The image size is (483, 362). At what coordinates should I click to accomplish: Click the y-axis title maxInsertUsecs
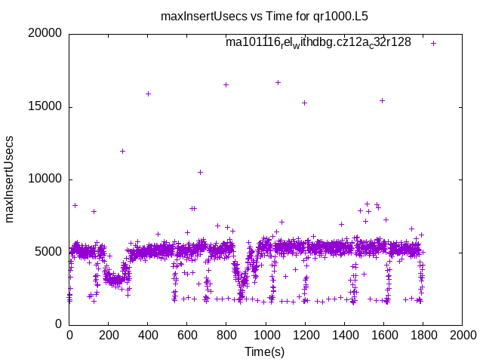point(10,179)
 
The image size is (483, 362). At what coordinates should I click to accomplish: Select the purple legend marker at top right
point(434,43)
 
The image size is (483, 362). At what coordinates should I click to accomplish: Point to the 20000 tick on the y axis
point(45,34)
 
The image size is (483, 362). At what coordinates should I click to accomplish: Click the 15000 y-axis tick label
point(45,106)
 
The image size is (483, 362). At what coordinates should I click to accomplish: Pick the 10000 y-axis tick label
point(45,179)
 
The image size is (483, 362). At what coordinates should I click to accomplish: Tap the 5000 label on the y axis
point(48,252)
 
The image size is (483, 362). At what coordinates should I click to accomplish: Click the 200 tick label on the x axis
point(109,335)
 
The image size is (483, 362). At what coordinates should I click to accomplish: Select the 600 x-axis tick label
point(187,335)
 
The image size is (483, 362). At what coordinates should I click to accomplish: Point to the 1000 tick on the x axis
point(266,335)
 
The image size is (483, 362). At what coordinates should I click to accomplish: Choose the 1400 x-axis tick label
point(344,335)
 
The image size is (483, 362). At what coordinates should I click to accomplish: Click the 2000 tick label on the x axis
point(462,335)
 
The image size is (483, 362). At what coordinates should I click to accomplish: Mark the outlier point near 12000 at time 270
point(122,151)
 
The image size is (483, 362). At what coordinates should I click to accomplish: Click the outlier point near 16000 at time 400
point(148,94)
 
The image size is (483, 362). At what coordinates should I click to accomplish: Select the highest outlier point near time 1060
point(278,82)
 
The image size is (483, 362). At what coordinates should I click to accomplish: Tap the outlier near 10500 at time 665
point(200,172)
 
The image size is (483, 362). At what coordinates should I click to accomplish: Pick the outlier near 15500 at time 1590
point(382,100)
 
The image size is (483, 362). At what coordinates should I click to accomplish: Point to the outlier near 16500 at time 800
point(226,84)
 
